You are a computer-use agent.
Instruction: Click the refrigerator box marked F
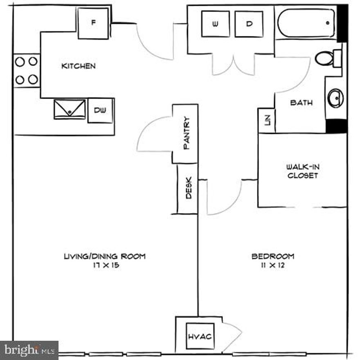pyautogui.click(x=93, y=23)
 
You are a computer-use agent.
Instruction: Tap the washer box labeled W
pyautogui.click(x=216, y=24)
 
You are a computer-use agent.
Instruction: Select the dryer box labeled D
pyautogui.click(x=249, y=24)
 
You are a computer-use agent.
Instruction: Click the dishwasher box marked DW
pyautogui.click(x=100, y=110)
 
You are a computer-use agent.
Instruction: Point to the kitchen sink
pyautogui.click(x=70, y=109)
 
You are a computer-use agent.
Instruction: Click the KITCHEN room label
pyautogui.click(x=78, y=66)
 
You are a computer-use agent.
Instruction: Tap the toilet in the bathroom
pyautogui.click(x=325, y=58)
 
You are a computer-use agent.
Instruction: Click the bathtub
pyautogui.click(x=306, y=23)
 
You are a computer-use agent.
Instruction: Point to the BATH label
pyautogui.click(x=301, y=103)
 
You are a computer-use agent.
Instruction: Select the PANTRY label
pyautogui.click(x=187, y=133)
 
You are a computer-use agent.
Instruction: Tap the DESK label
pyautogui.click(x=189, y=190)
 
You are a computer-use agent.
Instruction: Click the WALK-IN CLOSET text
pyautogui.click(x=302, y=171)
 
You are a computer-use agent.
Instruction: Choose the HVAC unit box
pyautogui.click(x=200, y=336)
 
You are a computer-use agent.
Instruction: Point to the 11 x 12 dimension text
pyautogui.click(x=273, y=265)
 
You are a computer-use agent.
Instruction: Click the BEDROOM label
pyautogui.click(x=273, y=256)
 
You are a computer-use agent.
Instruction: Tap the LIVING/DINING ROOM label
pyautogui.click(x=105, y=256)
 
